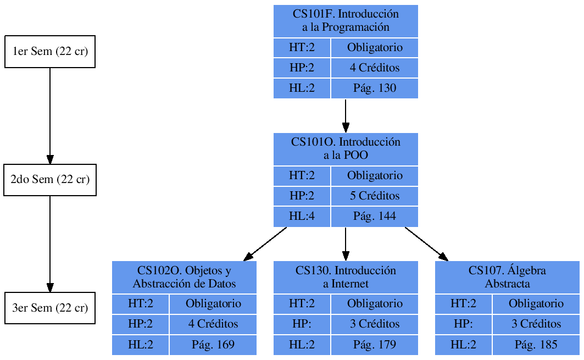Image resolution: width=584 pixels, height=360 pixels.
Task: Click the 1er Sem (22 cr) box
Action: tap(50, 52)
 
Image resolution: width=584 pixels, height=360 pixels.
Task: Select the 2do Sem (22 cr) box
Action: tap(50, 180)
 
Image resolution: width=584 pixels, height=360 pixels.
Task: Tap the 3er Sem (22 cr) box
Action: tap(50, 308)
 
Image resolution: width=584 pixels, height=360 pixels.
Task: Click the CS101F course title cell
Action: tap(346, 21)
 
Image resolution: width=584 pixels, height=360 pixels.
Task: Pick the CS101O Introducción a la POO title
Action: tap(346, 149)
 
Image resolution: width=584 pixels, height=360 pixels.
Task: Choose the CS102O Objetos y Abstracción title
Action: tap(184, 277)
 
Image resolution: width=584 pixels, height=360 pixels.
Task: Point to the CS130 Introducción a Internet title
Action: tap(346, 277)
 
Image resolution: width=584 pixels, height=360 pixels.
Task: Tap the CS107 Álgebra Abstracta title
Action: tap(507, 277)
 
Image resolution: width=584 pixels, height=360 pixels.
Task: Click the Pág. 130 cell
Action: tap(374, 88)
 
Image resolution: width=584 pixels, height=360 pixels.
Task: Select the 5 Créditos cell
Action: tap(374, 196)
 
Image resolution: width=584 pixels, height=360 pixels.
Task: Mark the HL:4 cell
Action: tap(302, 217)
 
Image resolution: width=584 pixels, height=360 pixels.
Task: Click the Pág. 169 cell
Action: tap(213, 345)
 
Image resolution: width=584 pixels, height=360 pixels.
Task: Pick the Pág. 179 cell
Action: tap(374, 345)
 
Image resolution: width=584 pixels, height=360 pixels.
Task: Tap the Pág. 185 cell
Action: tap(536, 345)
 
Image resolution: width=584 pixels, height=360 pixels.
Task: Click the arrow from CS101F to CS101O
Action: tap(346, 115)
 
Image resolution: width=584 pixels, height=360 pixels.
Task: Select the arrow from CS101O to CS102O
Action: tap(265, 243)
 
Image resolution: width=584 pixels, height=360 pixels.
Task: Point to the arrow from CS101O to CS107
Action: tap(426, 243)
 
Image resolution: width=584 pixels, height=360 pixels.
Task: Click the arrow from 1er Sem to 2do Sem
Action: tap(50, 115)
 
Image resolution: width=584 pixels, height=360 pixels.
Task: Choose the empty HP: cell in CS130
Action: tap(302, 324)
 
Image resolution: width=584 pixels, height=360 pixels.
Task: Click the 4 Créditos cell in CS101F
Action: tap(374, 68)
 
